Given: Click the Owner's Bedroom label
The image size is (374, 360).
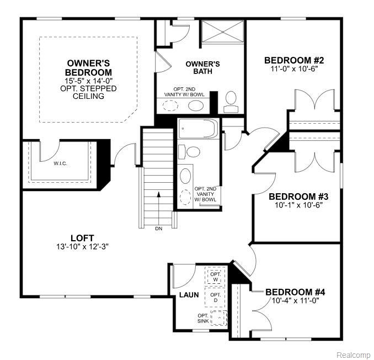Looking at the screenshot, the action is pyautogui.click(x=88, y=68).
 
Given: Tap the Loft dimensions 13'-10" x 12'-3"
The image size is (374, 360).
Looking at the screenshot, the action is pyautogui.click(x=83, y=247).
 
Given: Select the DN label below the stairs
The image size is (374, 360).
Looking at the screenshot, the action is pyautogui.click(x=159, y=229).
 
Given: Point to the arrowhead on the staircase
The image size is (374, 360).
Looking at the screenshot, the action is pyautogui.click(x=159, y=194).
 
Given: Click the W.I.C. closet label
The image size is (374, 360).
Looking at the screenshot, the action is pyautogui.click(x=60, y=164).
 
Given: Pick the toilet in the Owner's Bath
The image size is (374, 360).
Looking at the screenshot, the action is pyautogui.click(x=231, y=102).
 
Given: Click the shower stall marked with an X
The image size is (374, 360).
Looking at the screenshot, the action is pyautogui.click(x=222, y=31).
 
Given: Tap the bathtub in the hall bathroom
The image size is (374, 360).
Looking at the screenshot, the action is pyautogui.click(x=198, y=129).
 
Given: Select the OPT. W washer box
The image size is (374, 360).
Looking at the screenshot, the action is pyautogui.click(x=216, y=277).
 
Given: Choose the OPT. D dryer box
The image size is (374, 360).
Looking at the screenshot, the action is pyautogui.click(x=215, y=298).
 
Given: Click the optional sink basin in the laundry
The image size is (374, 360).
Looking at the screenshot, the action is pyautogui.click(x=219, y=317).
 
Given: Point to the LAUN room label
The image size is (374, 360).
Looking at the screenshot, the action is pyautogui.click(x=189, y=295).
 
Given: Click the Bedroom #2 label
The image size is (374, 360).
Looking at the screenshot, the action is pyautogui.click(x=294, y=60).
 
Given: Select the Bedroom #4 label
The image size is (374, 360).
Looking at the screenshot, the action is pyautogui.click(x=295, y=292).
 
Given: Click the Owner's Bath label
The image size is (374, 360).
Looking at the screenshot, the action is pyautogui.click(x=203, y=67).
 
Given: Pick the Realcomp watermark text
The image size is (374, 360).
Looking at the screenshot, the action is pyautogui.click(x=355, y=354).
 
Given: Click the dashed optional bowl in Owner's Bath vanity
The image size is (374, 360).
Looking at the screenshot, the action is pyautogui.click(x=170, y=105).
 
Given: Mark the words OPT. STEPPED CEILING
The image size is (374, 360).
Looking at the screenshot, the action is pyautogui.click(x=88, y=92).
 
